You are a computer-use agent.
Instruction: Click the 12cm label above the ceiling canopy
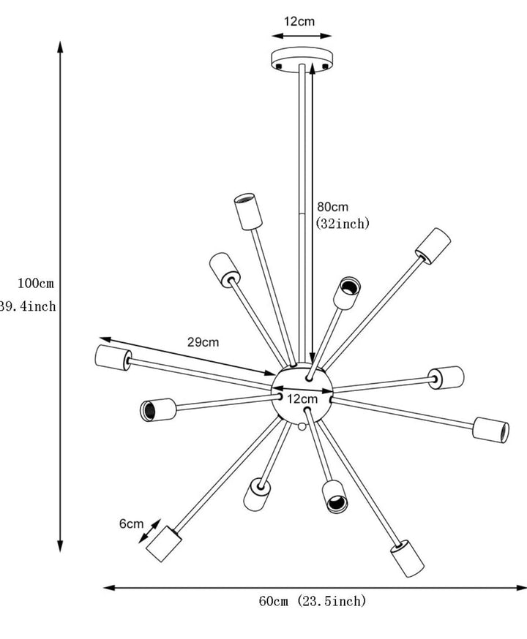click(x=299, y=21)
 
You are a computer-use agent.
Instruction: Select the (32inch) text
click(x=343, y=224)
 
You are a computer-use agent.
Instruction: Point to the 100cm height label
click(x=36, y=283)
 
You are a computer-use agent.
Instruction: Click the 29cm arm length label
click(x=203, y=341)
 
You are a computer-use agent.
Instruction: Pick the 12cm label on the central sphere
click(x=302, y=399)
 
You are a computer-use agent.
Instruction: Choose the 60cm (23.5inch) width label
click(x=313, y=602)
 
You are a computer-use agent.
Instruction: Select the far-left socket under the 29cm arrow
click(x=112, y=357)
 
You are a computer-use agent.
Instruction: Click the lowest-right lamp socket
click(x=407, y=559)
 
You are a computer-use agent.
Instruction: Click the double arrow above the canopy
click(x=301, y=34)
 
